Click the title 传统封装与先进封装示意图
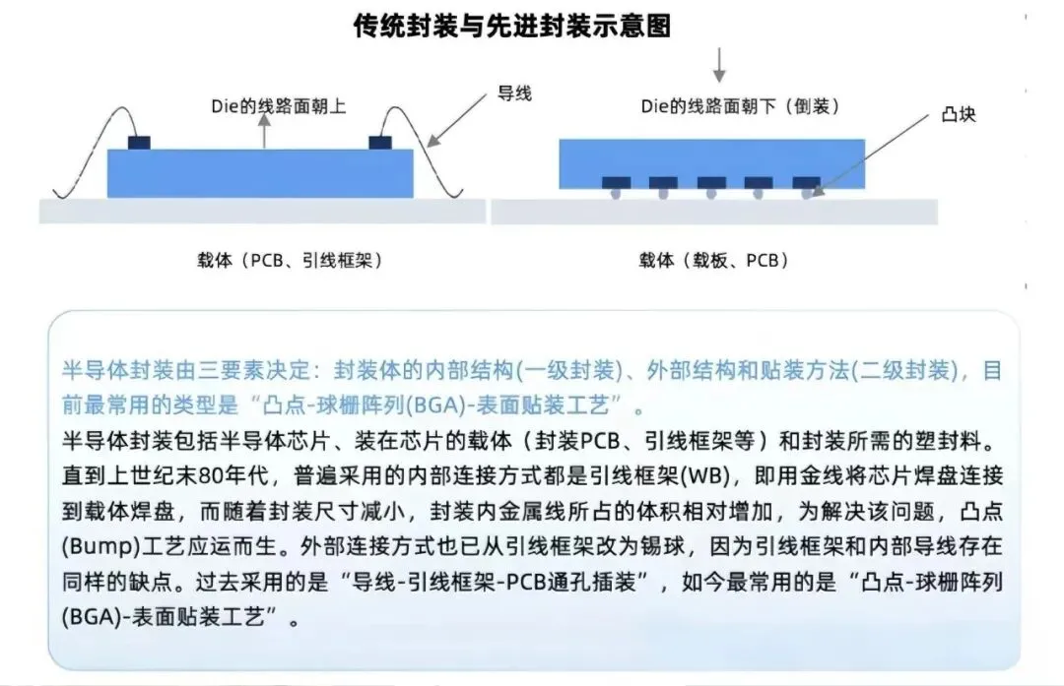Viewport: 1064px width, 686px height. [x=511, y=27]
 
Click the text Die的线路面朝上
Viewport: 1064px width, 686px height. [x=279, y=106]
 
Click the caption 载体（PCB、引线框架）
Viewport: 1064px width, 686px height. [x=290, y=261]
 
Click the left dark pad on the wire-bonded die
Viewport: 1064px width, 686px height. [x=139, y=143]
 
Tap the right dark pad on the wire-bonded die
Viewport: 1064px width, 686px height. [x=381, y=143]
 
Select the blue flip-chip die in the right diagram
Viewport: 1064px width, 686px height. [x=711, y=162]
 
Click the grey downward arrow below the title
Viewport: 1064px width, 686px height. [x=719, y=65]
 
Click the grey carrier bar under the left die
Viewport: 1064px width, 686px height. [x=262, y=211]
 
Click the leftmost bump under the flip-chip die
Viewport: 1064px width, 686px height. [x=616, y=195]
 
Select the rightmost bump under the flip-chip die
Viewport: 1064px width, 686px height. [x=807, y=195]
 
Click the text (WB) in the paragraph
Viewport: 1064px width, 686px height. [x=714, y=475]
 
